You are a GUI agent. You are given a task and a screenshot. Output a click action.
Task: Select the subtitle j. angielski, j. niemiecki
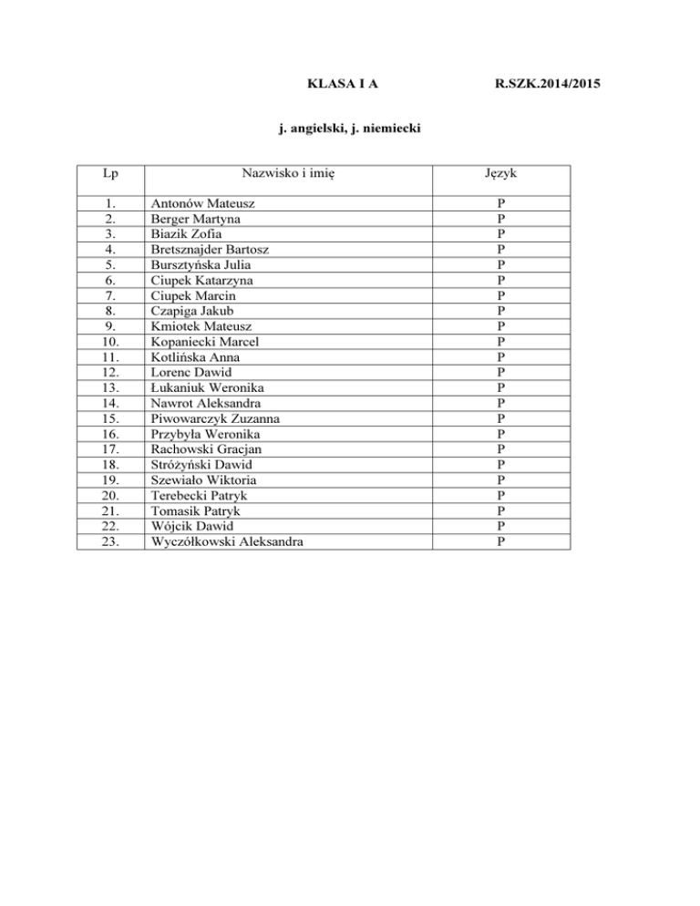coord(348,131)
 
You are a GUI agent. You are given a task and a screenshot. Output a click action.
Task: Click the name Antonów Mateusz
coord(195,204)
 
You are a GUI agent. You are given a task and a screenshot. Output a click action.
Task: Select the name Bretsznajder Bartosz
coord(209,249)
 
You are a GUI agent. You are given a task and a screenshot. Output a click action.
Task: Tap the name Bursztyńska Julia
coord(199,264)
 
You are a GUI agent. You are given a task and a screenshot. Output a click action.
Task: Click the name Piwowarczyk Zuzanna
coord(215,418)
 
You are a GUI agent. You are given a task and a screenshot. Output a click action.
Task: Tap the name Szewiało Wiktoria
coord(203,480)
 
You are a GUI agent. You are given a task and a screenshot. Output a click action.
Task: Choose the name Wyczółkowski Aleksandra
coord(228,541)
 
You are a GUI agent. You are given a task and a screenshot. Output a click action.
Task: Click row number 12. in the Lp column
coord(110,372)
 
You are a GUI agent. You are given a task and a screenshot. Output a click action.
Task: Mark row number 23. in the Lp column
coord(110,541)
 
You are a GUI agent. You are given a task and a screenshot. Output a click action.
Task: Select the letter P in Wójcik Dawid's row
coord(500,526)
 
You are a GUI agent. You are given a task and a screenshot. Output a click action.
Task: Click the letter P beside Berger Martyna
coord(500,219)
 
